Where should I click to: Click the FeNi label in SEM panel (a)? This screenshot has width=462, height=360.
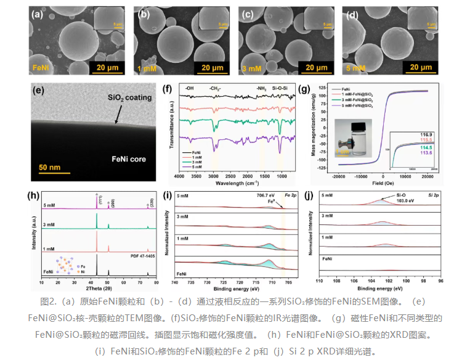pos(40,67)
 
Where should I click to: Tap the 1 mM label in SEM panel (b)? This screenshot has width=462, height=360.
pos(147,67)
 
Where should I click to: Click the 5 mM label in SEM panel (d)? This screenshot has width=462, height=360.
pos(356,67)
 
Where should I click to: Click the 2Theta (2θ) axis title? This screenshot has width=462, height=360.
pos(99,288)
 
